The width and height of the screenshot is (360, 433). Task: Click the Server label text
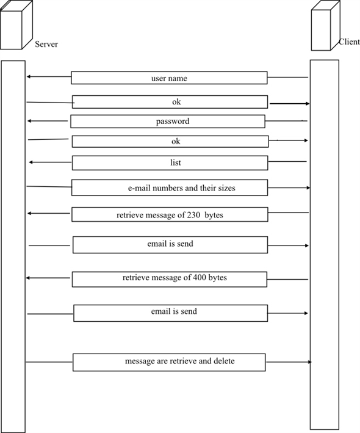pos(46,45)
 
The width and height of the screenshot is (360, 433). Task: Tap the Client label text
pos(350,43)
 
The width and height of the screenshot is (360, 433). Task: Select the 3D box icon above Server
pos(16,25)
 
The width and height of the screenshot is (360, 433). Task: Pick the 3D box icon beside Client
pos(324,27)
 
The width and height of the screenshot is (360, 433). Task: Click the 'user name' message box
pos(169,78)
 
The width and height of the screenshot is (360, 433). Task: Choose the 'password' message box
pos(168,122)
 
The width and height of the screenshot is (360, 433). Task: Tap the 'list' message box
pos(170,163)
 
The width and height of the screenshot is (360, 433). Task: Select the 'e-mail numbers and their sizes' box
pos(169,188)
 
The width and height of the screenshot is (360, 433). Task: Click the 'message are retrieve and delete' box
pos(169,362)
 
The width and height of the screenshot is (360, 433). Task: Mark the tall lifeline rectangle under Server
pos(13,244)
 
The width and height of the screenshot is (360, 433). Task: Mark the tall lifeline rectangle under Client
pos(323,244)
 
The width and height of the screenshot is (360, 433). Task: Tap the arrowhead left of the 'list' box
pos(32,162)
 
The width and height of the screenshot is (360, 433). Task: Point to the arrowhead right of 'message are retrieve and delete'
pos(309,362)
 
